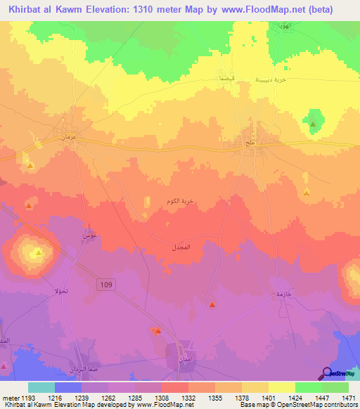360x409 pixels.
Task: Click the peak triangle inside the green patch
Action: (313, 125)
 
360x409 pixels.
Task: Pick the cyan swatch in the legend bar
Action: (41, 387)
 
